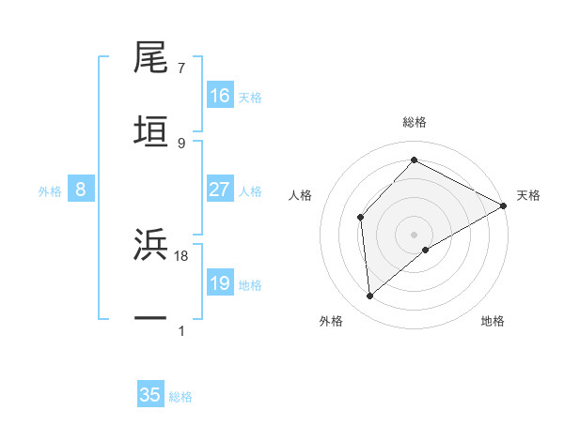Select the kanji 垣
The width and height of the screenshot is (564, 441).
pos(151,130)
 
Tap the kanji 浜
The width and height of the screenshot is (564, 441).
pos(151,245)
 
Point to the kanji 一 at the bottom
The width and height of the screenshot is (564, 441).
pos(151,318)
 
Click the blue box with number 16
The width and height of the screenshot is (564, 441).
pos(220,96)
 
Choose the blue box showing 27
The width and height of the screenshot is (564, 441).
pos(220,190)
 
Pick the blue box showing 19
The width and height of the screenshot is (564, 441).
pos(220,283)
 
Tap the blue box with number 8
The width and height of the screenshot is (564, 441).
pos(81,190)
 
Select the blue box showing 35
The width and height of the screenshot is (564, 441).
pos(150,395)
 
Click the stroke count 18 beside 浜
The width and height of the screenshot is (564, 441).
pos(182,255)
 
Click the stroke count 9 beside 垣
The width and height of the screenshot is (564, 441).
pos(181,143)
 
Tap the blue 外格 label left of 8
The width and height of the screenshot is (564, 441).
pos(50,190)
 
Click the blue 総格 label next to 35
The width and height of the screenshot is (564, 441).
pos(180,396)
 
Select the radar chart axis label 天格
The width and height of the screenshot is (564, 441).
pos(528,195)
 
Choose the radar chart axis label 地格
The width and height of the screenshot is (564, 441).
pos(493,321)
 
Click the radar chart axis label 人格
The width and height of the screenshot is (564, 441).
pos(301,195)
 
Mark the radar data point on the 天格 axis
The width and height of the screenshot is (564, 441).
pos(503,205)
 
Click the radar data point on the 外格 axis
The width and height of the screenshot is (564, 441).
pos(370,297)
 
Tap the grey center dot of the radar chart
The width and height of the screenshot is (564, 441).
pos(415,234)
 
